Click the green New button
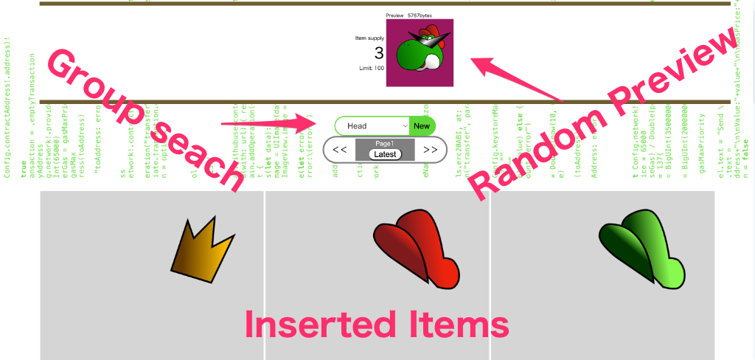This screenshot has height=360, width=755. [422, 126]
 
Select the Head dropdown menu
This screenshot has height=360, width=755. [372, 126]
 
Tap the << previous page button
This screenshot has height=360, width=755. [340, 150]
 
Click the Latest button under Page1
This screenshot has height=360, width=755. [384, 154]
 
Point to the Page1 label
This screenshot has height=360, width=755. [384, 143]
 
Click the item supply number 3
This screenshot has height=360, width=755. [378, 53]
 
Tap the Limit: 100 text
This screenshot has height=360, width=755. [369, 69]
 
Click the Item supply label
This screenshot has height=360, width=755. [369, 38]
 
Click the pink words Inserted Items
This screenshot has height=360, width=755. [377, 325]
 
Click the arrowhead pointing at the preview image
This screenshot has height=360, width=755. [479, 65]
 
